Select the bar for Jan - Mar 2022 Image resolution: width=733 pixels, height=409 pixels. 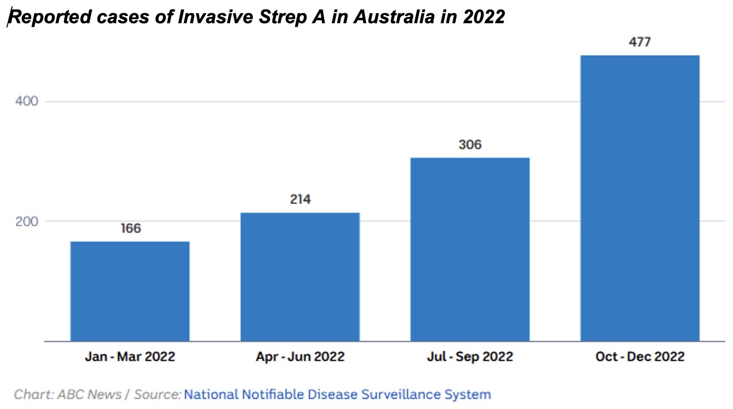coord(130,291)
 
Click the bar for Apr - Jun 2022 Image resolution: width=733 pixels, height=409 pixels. coord(300,277)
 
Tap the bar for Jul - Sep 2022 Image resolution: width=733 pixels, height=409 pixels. coord(470,249)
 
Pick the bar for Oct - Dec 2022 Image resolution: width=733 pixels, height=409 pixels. coord(640,198)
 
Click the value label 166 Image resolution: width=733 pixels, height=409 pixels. coord(131,228)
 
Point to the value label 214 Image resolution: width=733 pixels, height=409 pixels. coord(300,199)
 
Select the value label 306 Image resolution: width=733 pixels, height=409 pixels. coord(470,144)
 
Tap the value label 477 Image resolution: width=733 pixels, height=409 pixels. coord(640,42)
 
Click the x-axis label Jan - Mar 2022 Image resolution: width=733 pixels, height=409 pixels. coord(130,357)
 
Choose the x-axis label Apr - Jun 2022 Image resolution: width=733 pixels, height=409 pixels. coord(300,357)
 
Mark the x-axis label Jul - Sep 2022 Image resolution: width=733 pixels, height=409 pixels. coord(470,357)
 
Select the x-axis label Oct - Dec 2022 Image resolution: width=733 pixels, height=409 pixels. coord(640,357)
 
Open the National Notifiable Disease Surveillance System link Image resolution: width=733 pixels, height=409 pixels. coord(337,394)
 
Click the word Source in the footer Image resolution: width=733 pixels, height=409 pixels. coord(157,394)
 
